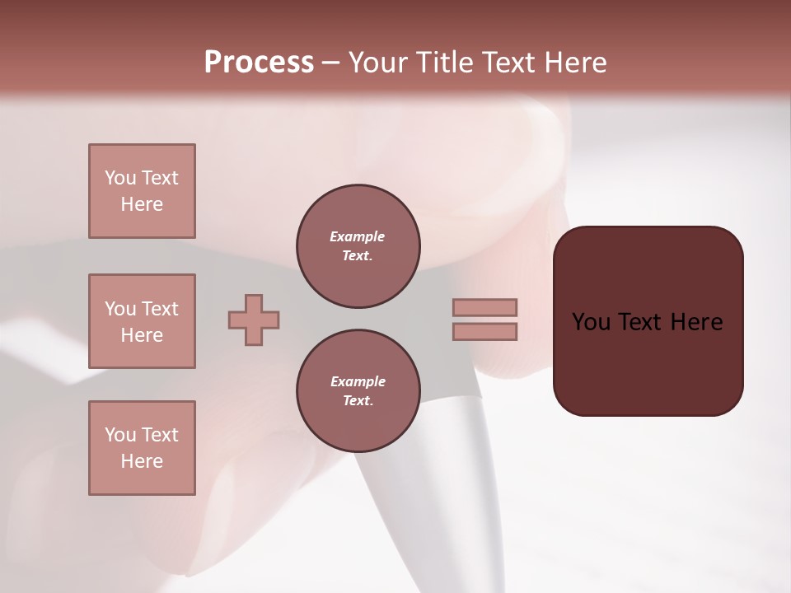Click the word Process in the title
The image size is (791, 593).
point(259,63)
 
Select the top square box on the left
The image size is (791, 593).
point(142,191)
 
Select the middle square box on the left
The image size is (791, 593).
point(142,321)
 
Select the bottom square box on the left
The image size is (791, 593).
point(142,448)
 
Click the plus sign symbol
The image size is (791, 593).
point(254,320)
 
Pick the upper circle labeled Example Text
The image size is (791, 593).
point(358,245)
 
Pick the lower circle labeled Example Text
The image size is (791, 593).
point(358,390)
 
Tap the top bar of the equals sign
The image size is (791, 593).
point(484,307)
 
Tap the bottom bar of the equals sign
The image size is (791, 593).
point(484,331)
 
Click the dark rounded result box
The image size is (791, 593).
point(648,362)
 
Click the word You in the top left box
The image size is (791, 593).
point(120,178)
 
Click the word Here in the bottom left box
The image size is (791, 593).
point(142,461)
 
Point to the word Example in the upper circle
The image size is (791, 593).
point(358,236)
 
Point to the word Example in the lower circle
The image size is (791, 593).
point(358,381)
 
